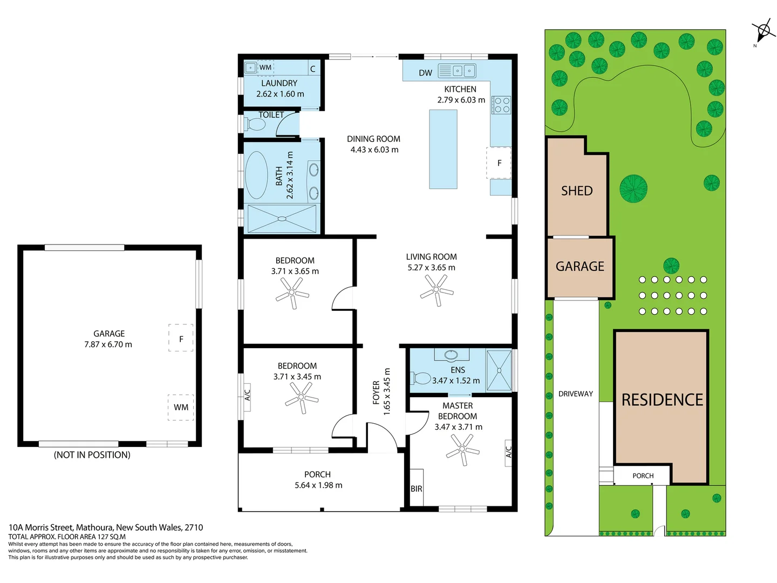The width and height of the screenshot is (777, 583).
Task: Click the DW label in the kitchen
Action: pos(425,73)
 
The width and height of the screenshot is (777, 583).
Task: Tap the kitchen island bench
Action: pos(443,149)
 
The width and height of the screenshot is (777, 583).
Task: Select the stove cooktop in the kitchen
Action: pos(501,105)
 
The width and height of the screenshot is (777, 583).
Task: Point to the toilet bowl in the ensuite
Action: pos(421,377)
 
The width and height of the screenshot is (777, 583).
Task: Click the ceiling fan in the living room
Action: pos(437,290)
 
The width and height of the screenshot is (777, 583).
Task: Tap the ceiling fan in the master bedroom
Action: pos(463,449)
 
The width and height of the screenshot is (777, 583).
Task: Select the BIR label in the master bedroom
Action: pos(416,489)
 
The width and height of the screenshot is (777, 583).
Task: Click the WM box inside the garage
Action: pos(181,407)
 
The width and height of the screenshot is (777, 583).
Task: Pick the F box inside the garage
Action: pos(181,338)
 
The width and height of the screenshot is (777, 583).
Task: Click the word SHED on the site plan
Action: pos(576,191)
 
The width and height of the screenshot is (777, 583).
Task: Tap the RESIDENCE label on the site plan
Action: pos(662,399)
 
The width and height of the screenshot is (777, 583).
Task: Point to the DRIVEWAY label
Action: pos(575,394)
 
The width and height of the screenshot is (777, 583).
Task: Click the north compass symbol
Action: pos(762,30)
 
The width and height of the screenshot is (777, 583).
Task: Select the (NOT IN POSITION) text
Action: pos(92,455)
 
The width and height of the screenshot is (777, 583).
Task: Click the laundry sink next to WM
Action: pos(250,67)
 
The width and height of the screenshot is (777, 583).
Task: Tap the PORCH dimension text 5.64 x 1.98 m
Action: pos(318,485)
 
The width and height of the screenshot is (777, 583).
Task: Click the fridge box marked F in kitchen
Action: pos(499,162)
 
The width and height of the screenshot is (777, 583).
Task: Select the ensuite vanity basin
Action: pos(451,355)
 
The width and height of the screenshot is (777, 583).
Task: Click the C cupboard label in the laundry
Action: pos(312,69)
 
